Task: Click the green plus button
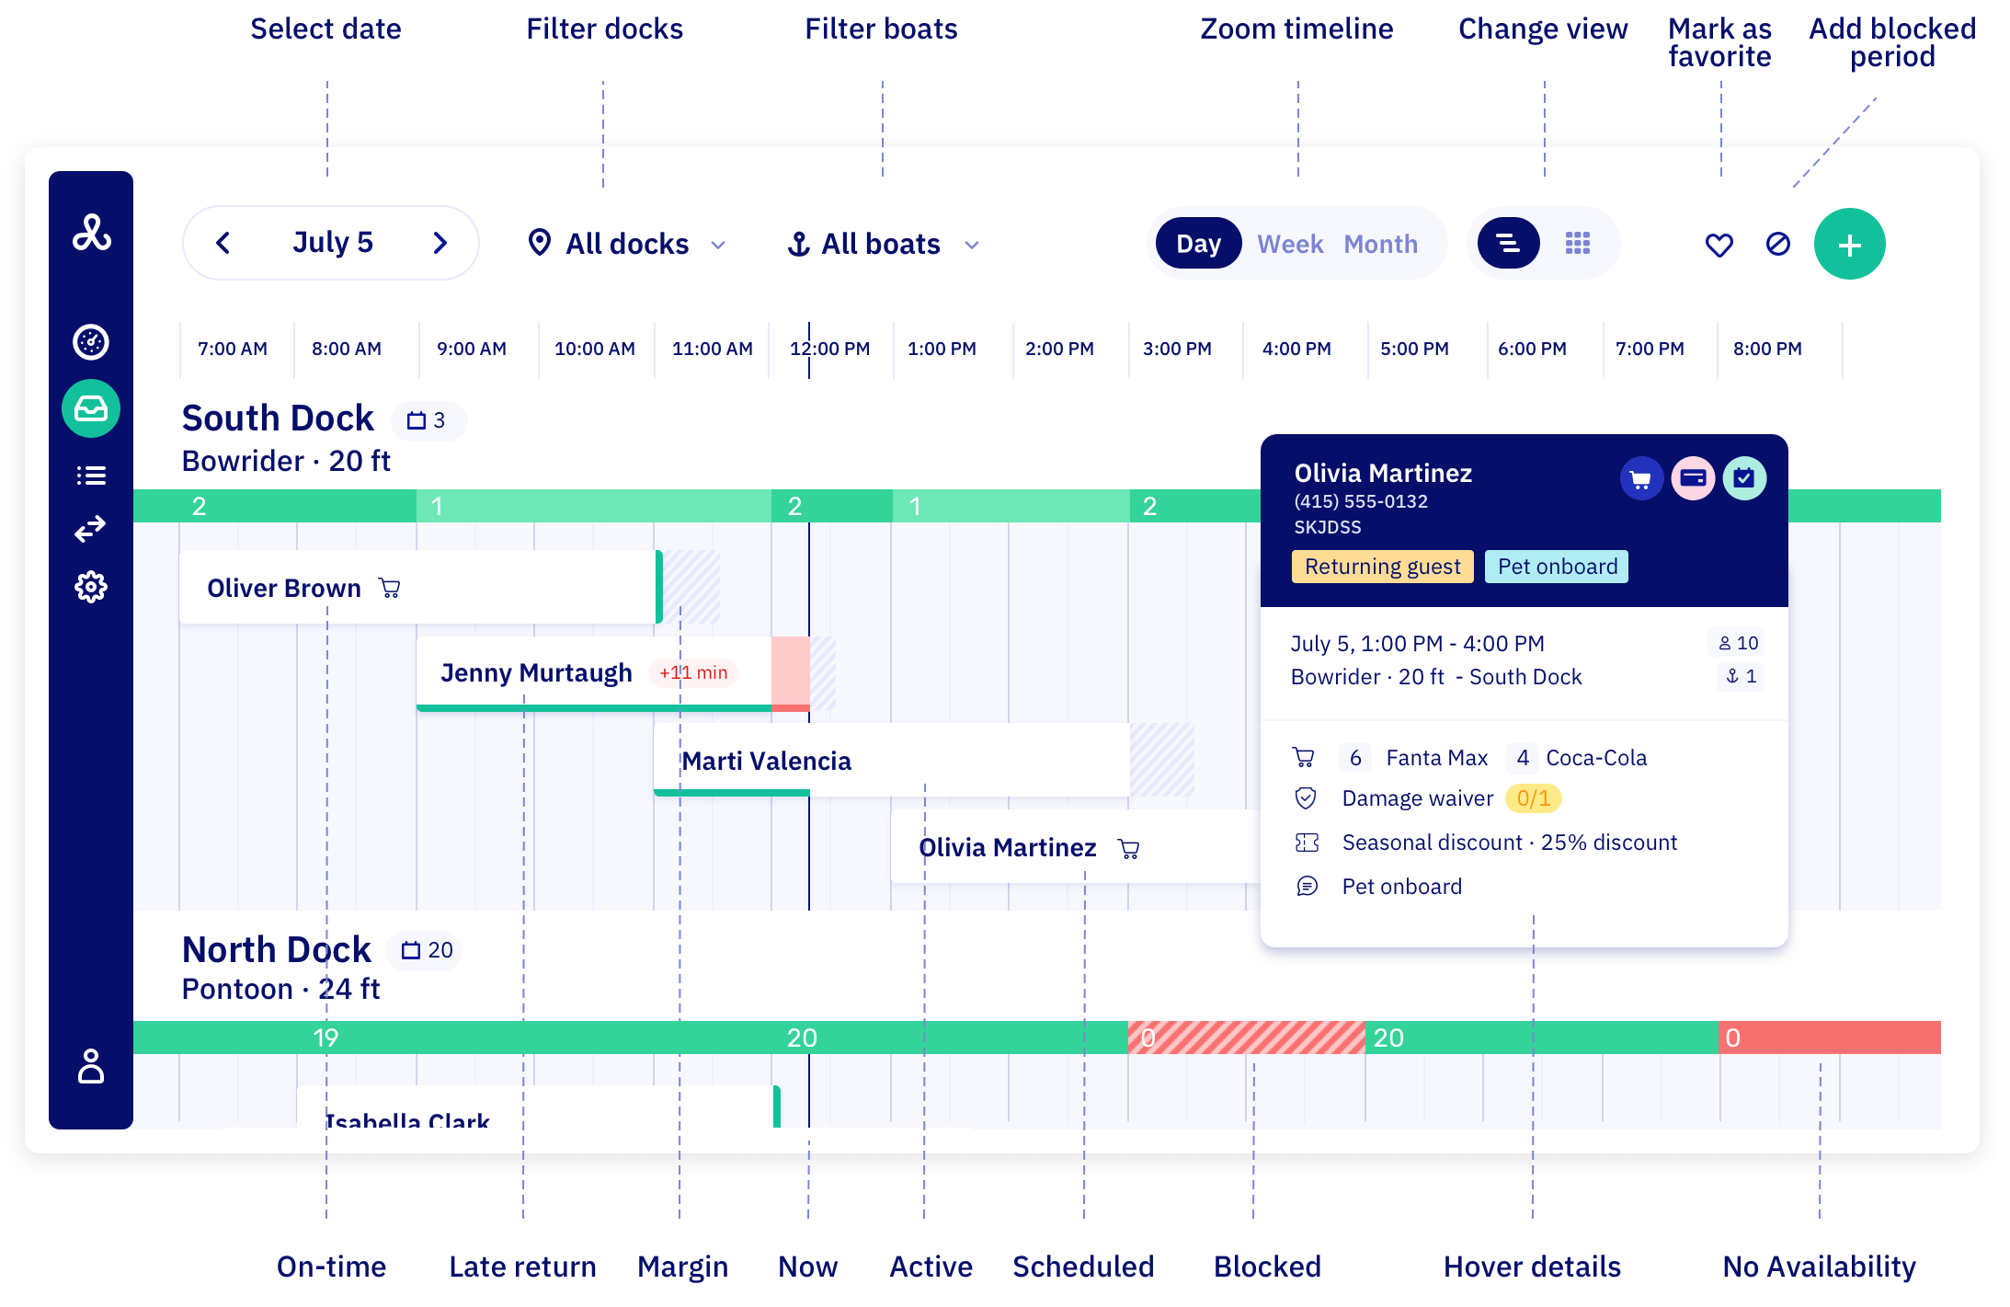(1849, 245)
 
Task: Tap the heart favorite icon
(1719, 245)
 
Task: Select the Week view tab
(1290, 245)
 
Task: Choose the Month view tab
(1380, 245)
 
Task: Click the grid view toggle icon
(1577, 244)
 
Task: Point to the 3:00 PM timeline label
(1177, 350)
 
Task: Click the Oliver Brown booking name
(284, 589)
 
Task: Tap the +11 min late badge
(693, 673)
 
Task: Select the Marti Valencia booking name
(766, 762)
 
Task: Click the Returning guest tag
(1382, 567)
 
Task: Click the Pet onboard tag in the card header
(1557, 567)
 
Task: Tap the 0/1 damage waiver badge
(1533, 798)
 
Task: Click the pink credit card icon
(1693, 478)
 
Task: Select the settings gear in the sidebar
(91, 587)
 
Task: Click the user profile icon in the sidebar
(91, 1066)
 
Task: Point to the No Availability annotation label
(1819, 1267)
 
